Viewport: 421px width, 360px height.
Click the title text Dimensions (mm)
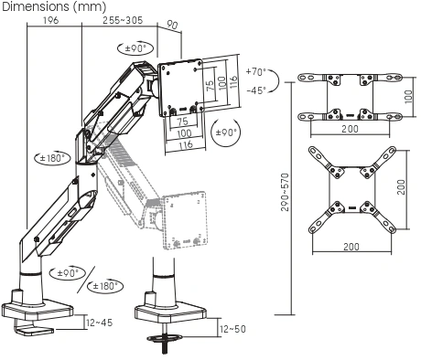54,6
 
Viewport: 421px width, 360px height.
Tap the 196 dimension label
50,20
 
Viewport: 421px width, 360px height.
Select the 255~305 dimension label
123,20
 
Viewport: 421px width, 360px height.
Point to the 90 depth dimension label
172,25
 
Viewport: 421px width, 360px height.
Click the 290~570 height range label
285,192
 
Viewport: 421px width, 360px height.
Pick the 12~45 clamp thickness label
100,323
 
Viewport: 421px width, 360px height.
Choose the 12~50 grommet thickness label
232,329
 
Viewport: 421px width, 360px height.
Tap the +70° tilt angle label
256,72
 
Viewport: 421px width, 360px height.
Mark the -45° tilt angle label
256,90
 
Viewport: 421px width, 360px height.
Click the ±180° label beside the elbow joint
52,158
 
